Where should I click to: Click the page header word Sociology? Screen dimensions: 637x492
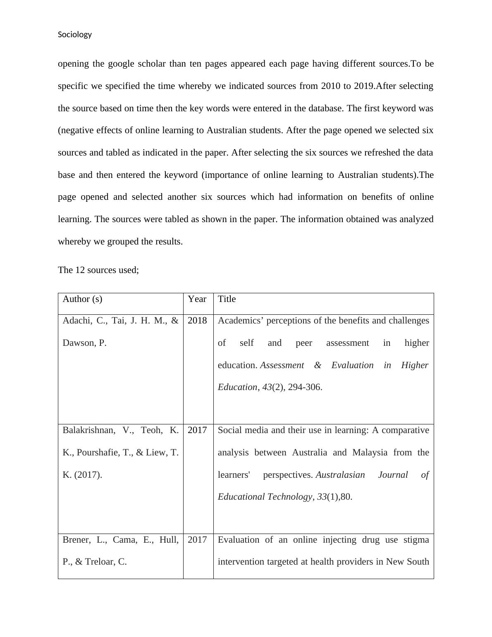click(75, 35)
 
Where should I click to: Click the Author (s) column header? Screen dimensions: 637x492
click(82, 299)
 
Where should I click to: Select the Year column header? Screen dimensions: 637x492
click(197, 299)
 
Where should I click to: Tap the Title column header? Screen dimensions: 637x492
click(227, 299)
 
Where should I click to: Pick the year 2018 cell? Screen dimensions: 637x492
click(197, 321)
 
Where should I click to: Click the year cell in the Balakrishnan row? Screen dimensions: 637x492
click(197, 430)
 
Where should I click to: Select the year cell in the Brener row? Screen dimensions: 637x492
click(197, 540)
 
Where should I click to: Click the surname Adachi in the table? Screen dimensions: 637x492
click(76, 321)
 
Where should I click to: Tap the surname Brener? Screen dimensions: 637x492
click(76, 540)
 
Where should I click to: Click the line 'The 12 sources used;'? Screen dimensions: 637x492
click(98, 270)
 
